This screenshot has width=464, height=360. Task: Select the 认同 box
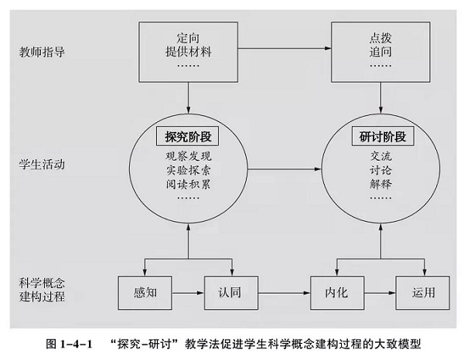click(x=227, y=294)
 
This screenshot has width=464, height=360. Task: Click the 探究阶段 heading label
click(x=189, y=137)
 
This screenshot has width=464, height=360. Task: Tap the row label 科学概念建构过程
click(x=42, y=289)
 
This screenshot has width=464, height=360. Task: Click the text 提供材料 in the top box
click(x=189, y=52)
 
